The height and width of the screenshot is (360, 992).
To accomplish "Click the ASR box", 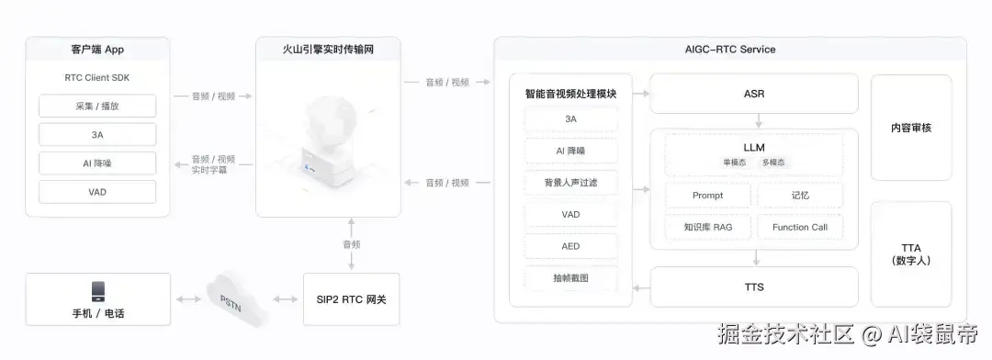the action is pyautogui.click(x=754, y=94).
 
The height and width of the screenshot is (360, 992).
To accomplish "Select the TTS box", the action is pyautogui.click(x=754, y=287).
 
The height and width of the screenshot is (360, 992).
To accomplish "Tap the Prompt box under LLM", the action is pyautogui.click(x=708, y=196).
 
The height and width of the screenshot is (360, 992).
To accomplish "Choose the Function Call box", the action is pyautogui.click(x=800, y=227).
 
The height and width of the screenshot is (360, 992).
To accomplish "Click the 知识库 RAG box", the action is pyautogui.click(x=708, y=227).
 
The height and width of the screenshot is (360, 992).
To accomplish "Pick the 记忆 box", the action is pyautogui.click(x=800, y=196).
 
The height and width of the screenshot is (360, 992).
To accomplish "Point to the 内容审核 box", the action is pyautogui.click(x=911, y=128).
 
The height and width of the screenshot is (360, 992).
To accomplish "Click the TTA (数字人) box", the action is pyautogui.click(x=911, y=254).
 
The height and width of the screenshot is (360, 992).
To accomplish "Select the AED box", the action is pyautogui.click(x=570, y=246).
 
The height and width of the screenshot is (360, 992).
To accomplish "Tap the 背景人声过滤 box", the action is pyautogui.click(x=570, y=183).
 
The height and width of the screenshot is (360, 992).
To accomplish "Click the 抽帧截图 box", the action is pyautogui.click(x=570, y=277).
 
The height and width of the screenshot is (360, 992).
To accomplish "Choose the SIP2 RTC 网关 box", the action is pyautogui.click(x=351, y=299).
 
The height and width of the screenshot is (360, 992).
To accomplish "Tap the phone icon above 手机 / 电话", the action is pyautogui.click(x=98, y=292).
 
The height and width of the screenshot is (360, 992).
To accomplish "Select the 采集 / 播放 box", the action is pyautogui.click(x=97, y=107).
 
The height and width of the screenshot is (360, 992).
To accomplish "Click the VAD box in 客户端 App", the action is pyautogui.click(x=97, y=192).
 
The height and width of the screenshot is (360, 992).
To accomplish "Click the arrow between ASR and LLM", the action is pyautogui.click(x=759, y=121).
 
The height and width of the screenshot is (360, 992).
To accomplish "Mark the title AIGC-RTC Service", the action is pyautogui.click(x=730, y=50).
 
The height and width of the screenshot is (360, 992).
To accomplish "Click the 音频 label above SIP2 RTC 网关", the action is pyautogui.click(x=351, y=244).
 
